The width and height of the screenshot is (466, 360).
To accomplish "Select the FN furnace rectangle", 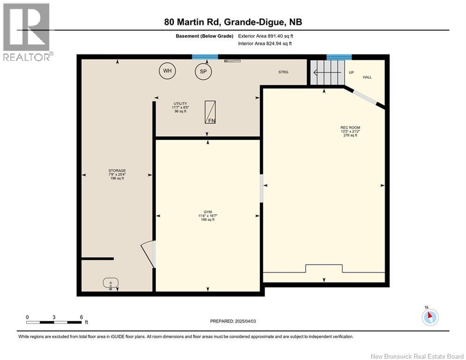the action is click(210, 112).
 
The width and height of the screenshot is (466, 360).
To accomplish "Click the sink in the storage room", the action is click(111, 283).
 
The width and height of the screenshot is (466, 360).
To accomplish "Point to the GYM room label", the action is click(208, 212).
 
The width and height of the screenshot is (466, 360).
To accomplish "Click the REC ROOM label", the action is click(350, 127).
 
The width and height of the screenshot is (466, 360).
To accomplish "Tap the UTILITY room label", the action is click(180, 104).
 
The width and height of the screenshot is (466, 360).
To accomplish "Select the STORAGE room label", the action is click(117, 171).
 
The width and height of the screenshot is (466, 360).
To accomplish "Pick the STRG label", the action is click(283, 72).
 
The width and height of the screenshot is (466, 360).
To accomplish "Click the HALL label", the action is click(367, 77).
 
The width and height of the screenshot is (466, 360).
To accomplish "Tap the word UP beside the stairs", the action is click(351, 72).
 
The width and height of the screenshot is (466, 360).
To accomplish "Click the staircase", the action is click(327, 72).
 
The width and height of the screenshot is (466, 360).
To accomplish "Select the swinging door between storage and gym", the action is click(148, 254).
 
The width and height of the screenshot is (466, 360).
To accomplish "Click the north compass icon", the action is click(430, 317).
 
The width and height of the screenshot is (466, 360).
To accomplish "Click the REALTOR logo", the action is click(27, 32).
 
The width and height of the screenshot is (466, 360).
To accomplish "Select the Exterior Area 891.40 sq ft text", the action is click(266, 36).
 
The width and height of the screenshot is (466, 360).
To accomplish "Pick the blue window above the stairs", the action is click(339, 57).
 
